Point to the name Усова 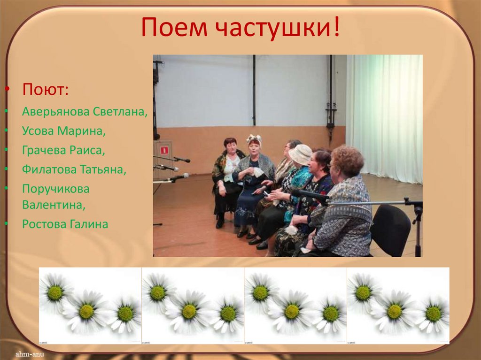(x=38, y=131)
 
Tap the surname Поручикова (x=55, y=189)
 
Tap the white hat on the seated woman (x=300, y=153)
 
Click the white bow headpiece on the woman (x=254, y=138)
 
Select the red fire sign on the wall (x=164, y=150)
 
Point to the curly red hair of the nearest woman (x=348, y=160)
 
